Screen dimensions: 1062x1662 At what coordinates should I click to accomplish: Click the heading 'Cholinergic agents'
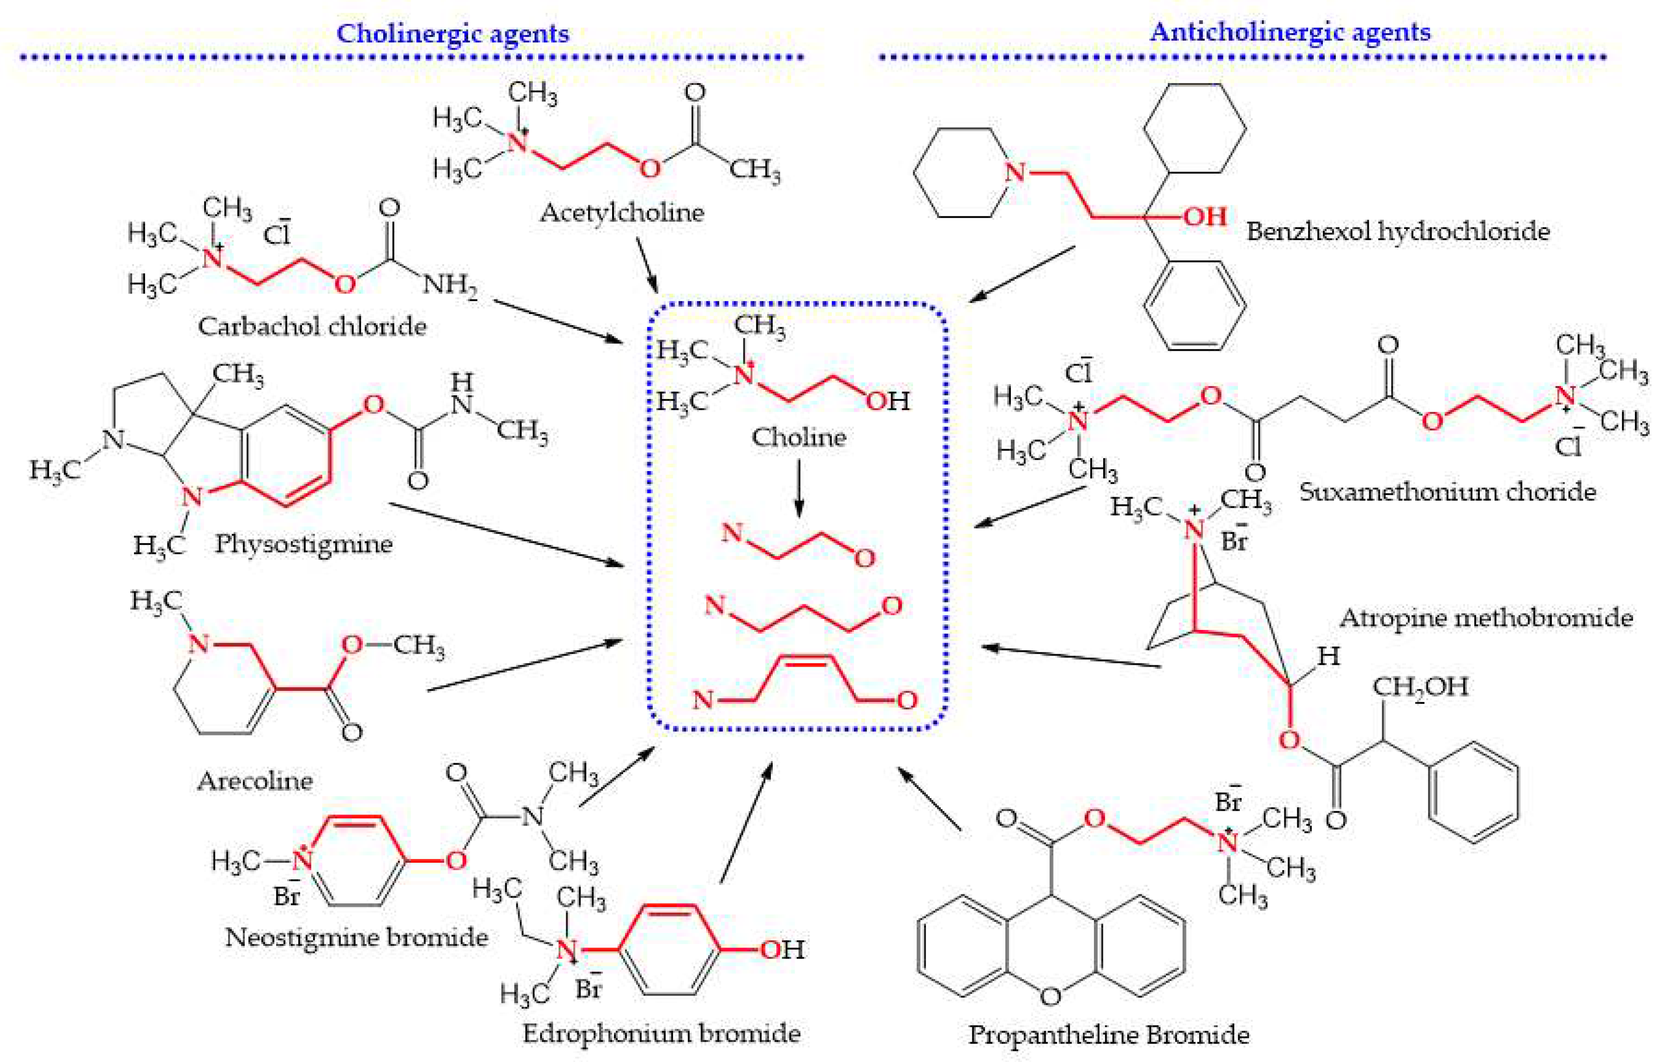pos(453,33)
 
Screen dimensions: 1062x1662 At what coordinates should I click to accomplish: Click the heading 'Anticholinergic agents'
pos(1290,32)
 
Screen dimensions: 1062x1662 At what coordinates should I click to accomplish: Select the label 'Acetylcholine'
pos(622,212)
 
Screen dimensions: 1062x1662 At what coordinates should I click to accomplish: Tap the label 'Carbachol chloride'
pos(312,326)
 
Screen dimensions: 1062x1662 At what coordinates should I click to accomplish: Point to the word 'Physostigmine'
pos(304,544)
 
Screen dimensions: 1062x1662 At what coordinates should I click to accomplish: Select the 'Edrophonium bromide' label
pos(661,1033)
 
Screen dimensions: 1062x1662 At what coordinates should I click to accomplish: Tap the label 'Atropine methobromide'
pos(1486,617)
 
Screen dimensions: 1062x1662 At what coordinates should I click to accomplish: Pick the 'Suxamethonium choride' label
pos(1447,492)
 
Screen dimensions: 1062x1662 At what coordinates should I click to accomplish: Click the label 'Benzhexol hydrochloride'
pos(1398,230)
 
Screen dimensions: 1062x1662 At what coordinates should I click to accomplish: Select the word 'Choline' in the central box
pos(798,437)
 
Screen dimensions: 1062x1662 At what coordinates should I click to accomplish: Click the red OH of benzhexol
pos(1205,217)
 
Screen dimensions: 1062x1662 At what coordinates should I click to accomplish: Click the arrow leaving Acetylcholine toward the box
pos(647,266)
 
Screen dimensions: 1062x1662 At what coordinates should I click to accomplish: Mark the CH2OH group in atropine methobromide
pos(1420,686)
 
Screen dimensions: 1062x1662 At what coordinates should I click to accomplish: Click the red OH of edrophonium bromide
pos(782,950)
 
